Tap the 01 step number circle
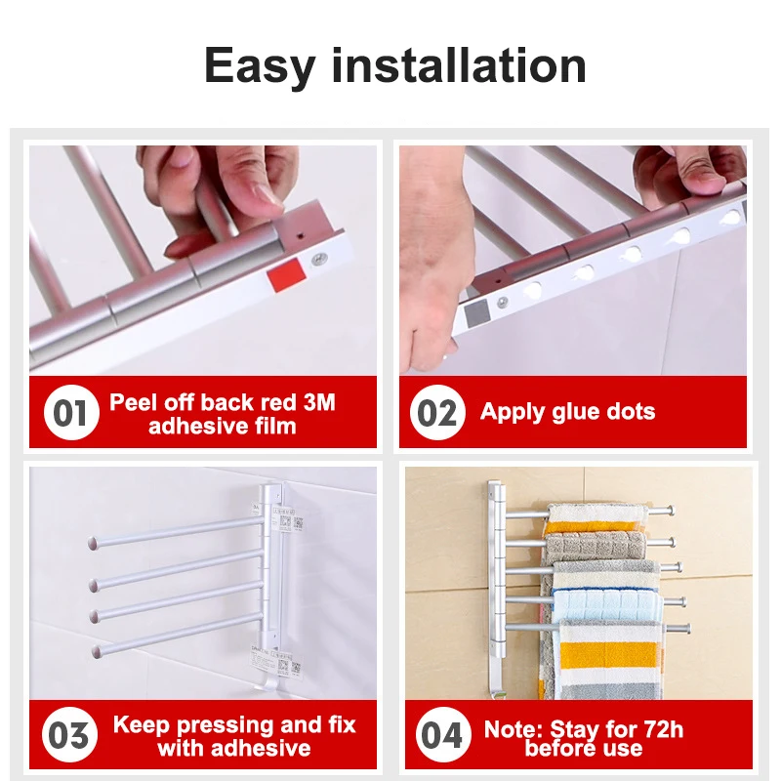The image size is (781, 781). pos(69,413)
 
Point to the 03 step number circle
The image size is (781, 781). pos(69,735)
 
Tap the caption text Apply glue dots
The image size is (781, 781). pos(567,412)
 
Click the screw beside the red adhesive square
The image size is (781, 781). pos(319,258)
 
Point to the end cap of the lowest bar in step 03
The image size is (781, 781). pos(97,649)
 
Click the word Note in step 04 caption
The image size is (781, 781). pos(514,728)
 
